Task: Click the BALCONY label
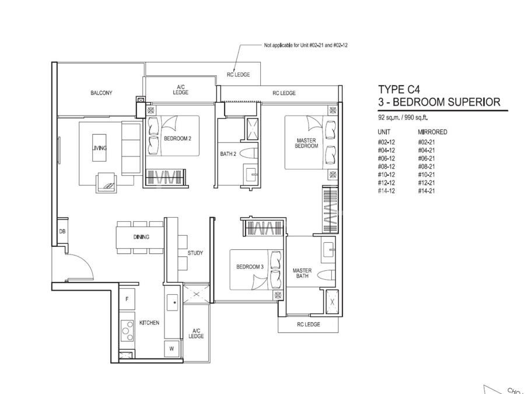tap(101, 93)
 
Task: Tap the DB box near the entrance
tap(62, 232)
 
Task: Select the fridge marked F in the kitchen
tap(127, 299)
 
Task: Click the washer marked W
tap(171, 349)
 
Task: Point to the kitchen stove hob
tap(127, 330)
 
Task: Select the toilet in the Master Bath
tap(325, 275)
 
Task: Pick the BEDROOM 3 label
tap(250, 267)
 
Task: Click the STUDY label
tap(195, 253)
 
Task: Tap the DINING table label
tap(141, 237)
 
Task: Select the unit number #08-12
tap(386, 166)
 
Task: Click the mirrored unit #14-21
tap(426, 191)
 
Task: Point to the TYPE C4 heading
tap(399, 89)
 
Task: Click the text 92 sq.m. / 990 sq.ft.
tap(403, 117)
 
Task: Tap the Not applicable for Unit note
tap(306, 45)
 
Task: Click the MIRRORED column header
tap(432, 132)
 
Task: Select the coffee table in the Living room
tap(99, 148)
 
